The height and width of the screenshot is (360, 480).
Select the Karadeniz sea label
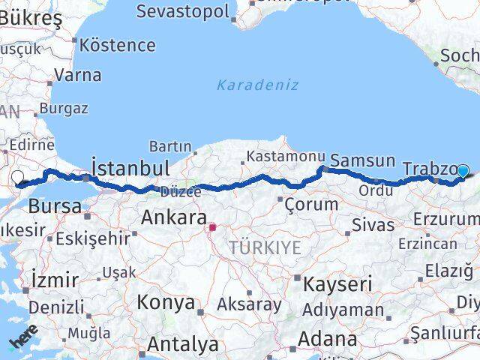point(257,85)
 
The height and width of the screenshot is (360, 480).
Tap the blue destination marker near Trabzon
point(463,171)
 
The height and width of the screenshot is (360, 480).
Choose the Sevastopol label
point(183,11)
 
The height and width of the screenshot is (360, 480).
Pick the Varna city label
point(78,75)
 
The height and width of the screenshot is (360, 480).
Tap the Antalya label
point(183,344)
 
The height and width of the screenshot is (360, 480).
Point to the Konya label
point(166,303)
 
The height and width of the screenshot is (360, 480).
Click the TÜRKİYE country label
point(265,247)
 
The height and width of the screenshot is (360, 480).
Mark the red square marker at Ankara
point(213,226)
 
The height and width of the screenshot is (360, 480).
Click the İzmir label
point(55,280)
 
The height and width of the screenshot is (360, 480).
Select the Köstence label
point(117,44)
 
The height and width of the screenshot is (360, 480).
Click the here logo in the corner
point(22,342)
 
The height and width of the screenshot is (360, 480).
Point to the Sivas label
point(373,224)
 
